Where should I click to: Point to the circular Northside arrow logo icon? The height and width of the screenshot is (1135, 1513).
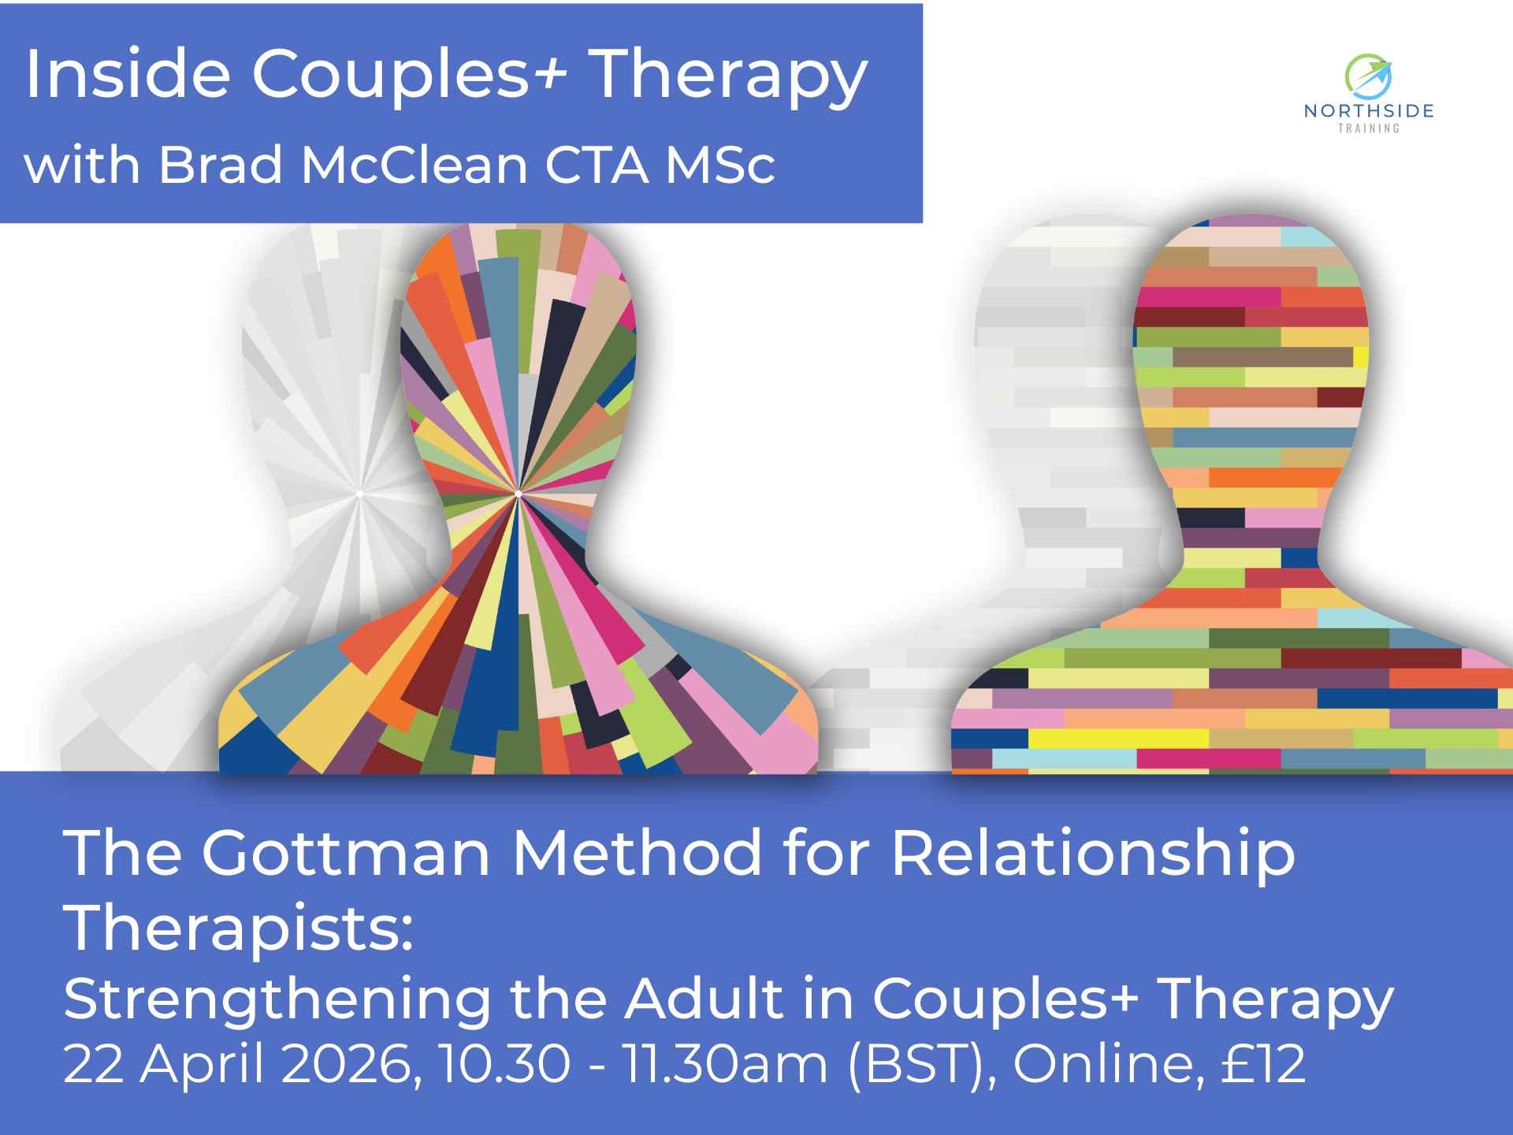pyautogui.click(x=1368, y=76)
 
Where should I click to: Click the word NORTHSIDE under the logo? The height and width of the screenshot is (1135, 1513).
pyautogui.click(x=1369, y=111)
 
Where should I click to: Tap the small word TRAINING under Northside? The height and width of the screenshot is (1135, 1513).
pyautogui.click(x=1369, y=128)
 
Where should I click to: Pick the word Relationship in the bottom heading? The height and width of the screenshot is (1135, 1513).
pyautogui.click(x=1093, y=854)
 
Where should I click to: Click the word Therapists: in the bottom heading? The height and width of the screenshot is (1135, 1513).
pyautogui.click(x=239, y=928)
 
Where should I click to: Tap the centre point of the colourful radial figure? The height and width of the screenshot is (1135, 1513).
pyautogui.click(x=518, y=494)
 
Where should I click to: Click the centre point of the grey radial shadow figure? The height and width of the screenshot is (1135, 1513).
pyautogui.click(x=359, y=494)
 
